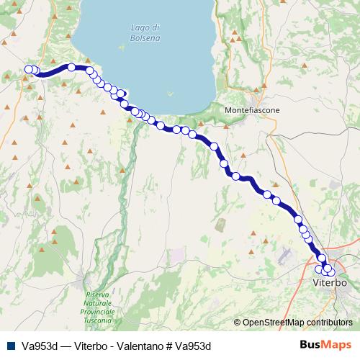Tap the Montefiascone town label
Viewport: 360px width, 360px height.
coord(252,109)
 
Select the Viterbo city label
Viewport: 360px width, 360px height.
coord(330,283)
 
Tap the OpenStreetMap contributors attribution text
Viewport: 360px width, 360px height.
coord(293,323)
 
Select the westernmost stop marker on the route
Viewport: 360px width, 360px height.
coord(29,69)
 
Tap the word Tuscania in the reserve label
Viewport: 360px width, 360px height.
coord(100,320)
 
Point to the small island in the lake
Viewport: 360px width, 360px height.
coord(169,93)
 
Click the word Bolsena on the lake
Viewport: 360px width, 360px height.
coord(146,37)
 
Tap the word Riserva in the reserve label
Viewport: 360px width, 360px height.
coord(97,294)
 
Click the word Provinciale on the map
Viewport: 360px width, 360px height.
coord(100,312)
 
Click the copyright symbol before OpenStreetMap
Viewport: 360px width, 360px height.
coord(238,323)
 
